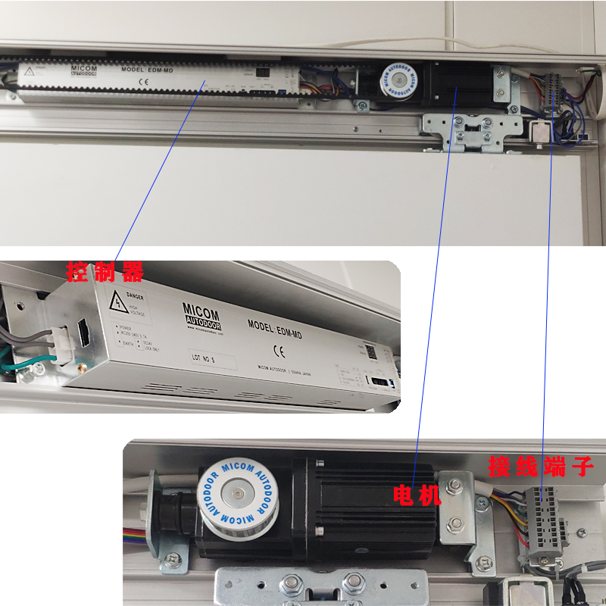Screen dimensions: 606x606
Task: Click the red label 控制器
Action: pyautogui.click(x=104, y=271)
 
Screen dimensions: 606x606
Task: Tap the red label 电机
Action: pyautogui.click(x=416, y=496)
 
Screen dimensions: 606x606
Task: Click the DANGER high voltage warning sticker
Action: pyautogui.click(x=129, y=305)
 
